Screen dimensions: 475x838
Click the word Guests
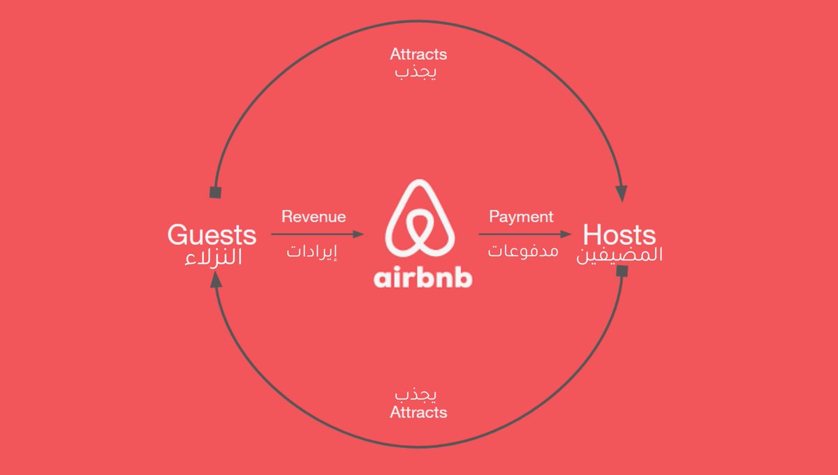click(212, 234)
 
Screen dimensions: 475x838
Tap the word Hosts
click(619, 234)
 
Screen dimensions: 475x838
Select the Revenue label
click(314, 217)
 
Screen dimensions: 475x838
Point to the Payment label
click(521, 217)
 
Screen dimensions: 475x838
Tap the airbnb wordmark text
click(423, 278)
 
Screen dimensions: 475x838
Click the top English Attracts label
click(418, 54)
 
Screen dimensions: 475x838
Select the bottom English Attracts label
click(418, 412)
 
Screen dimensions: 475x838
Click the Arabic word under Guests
click(213, 257)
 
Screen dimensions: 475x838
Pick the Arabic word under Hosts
click(619, 255)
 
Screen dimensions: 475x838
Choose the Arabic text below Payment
click(523, 250)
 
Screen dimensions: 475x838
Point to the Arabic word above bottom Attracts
click(418, 395)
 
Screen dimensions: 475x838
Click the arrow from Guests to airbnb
click(318, 235)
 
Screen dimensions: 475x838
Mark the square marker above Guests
click(215, 192)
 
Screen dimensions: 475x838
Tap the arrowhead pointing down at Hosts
click(622, 194)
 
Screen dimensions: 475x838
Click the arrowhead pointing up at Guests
click(216, 280)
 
